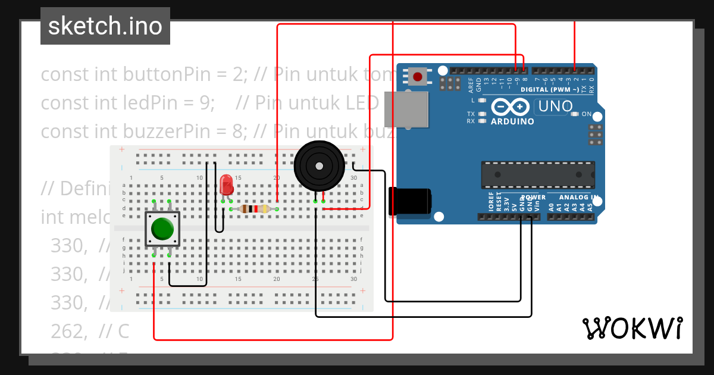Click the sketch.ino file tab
[x=105, y=26]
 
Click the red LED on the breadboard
[x=226, y=185]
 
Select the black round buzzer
[x=320, y=166]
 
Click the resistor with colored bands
[x=254, y=209]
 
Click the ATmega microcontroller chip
[x=537, y=173]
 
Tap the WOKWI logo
[x=632, y=328]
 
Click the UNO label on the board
[x=555, y=107]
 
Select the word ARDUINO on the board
[x=512, y=121]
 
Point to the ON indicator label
[x=586, y=114]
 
